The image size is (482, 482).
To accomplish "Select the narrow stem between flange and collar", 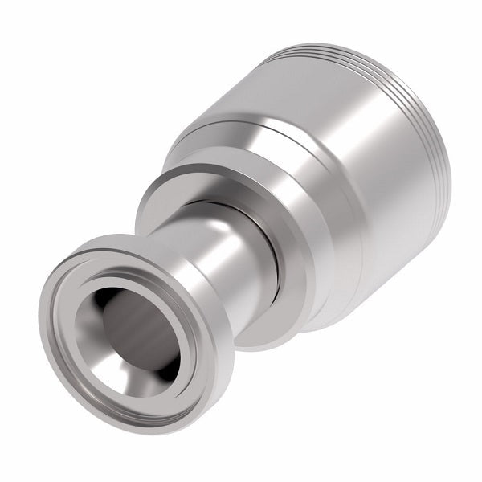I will click(233, 265).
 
